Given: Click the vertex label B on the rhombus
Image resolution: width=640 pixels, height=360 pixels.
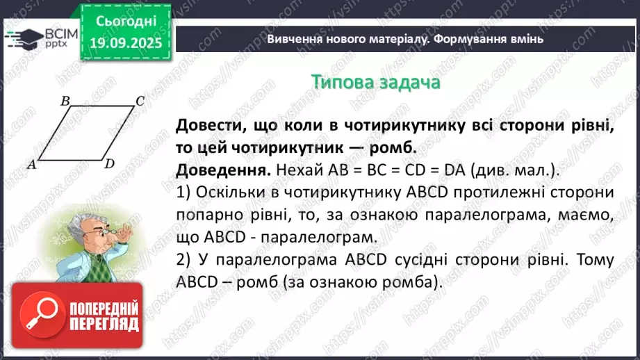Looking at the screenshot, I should pos(65,101).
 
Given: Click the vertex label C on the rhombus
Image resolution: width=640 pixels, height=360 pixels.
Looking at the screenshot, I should pos(139,101).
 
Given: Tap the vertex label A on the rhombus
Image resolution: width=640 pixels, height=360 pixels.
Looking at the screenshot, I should pos(31,164).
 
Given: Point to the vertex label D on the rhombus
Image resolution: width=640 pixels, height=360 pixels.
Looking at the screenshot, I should pos(109,164).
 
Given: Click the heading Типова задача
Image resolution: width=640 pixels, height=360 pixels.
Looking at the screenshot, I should pos(375,82).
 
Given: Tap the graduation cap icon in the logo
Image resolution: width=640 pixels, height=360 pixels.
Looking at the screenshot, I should pos(22,36).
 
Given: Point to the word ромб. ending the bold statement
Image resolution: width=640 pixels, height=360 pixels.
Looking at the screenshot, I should pos(393,148).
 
